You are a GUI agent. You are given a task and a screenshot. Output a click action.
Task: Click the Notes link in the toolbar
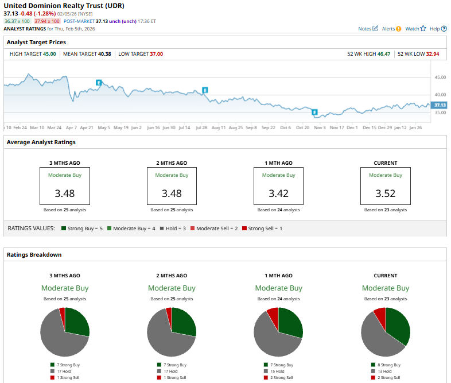368,28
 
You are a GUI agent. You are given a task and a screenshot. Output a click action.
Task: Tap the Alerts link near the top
391,28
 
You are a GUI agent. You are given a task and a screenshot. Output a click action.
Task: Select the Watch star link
415,28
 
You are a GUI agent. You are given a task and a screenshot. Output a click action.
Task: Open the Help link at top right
437,28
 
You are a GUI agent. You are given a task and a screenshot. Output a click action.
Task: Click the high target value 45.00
49,54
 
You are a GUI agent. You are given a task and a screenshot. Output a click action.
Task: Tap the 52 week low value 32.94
433,54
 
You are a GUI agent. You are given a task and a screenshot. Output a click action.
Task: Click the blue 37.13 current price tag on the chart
440,105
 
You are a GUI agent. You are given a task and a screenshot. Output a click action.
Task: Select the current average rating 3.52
385,194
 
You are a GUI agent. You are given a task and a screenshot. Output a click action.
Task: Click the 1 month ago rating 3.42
278,194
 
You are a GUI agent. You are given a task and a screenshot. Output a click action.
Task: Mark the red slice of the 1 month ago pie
273,313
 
